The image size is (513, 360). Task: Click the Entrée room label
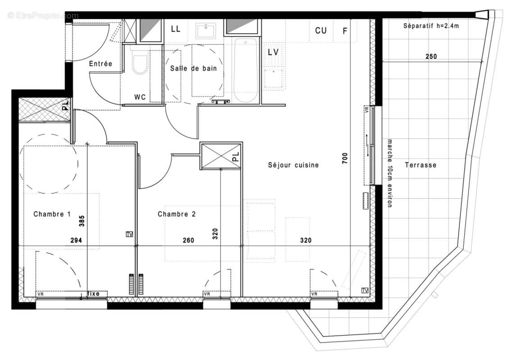[x=100, y=64]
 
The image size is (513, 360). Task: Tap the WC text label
[x=140, y=97]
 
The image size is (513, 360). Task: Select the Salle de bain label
[x=193, y=68]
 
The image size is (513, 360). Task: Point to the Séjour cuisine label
[x=293, y=165]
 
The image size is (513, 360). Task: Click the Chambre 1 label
[x=52, y=214]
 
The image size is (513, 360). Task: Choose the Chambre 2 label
[x=177, y=214]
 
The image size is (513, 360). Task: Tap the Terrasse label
[x=420, y=165]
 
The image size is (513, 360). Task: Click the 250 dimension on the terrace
[x=431, y=57]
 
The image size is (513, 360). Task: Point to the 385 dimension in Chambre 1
[x=82, y=220]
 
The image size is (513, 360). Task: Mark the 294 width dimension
[x=76, y=240]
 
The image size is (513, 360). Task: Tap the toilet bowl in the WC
[x=140, y=64]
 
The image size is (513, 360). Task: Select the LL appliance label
[x=175, y=29]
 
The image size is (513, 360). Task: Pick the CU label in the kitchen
[x=321, y=31]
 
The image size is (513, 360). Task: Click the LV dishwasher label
[x=273, y=52]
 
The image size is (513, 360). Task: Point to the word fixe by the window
[x=93, y=294]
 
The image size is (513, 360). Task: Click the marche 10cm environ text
[x=390, y=173]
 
